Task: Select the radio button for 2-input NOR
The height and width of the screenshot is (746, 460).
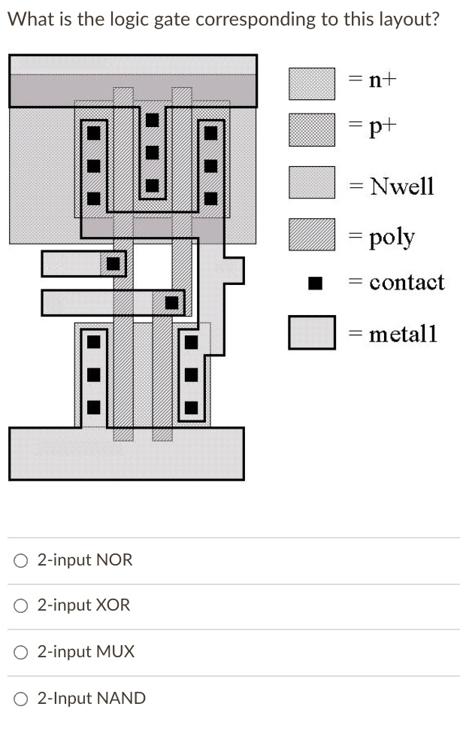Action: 22,560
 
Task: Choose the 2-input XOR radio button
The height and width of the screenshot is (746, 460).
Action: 22,605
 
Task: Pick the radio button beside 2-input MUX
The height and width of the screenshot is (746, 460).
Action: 22,652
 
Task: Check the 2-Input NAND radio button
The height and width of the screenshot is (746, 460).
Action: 22,699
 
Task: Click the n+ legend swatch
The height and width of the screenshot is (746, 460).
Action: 312,83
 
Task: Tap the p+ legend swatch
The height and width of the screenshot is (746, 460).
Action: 312,129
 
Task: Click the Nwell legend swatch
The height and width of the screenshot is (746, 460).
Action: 312,182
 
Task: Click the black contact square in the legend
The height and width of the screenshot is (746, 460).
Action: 316,283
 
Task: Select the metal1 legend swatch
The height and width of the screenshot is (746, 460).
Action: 312,332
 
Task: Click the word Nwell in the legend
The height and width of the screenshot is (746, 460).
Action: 402,186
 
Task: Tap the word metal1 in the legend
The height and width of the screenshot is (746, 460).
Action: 403,333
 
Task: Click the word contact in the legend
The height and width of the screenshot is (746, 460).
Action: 407,283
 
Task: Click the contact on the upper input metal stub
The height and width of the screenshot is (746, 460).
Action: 113,264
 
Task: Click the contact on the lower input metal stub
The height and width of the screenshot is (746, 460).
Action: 172,302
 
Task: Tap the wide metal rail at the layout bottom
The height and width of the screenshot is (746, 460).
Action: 126,453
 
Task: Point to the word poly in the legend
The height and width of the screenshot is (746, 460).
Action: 392,237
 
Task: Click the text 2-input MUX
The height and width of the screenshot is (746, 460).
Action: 86,652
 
